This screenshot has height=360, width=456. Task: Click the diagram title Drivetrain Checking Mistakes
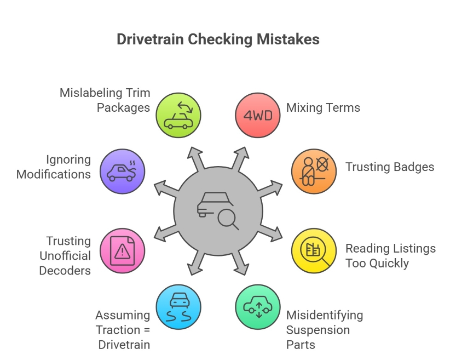pyautogui.click(x=218, y=40)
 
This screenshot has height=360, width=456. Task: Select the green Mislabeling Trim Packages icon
pyautogui.click(x=178, y=115)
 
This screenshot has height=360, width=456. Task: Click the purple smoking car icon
pyautogui.click(x=123, y=172)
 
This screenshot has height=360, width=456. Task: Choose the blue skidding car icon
pyautogui.click(x=178, y=307)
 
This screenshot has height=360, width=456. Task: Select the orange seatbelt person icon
pyautogui.click(x=314, y=172)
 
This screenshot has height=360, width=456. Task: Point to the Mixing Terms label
pyautogui.click(x=323, y=107)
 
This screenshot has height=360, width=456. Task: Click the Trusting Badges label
pyautogui.click(x=389, y=167)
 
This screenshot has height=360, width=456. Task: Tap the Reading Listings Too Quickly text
pyautogui.click(x=390, y=256)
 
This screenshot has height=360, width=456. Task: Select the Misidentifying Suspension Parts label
pyautogui.click(x=325, y=330)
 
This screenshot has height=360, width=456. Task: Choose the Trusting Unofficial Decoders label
pyautogui.click(x=65, y=255)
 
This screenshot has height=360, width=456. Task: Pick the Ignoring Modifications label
pyautogui.click(x=54, y=167)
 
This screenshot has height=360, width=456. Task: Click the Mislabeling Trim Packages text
pyautogui.click(x=105, y=100)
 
